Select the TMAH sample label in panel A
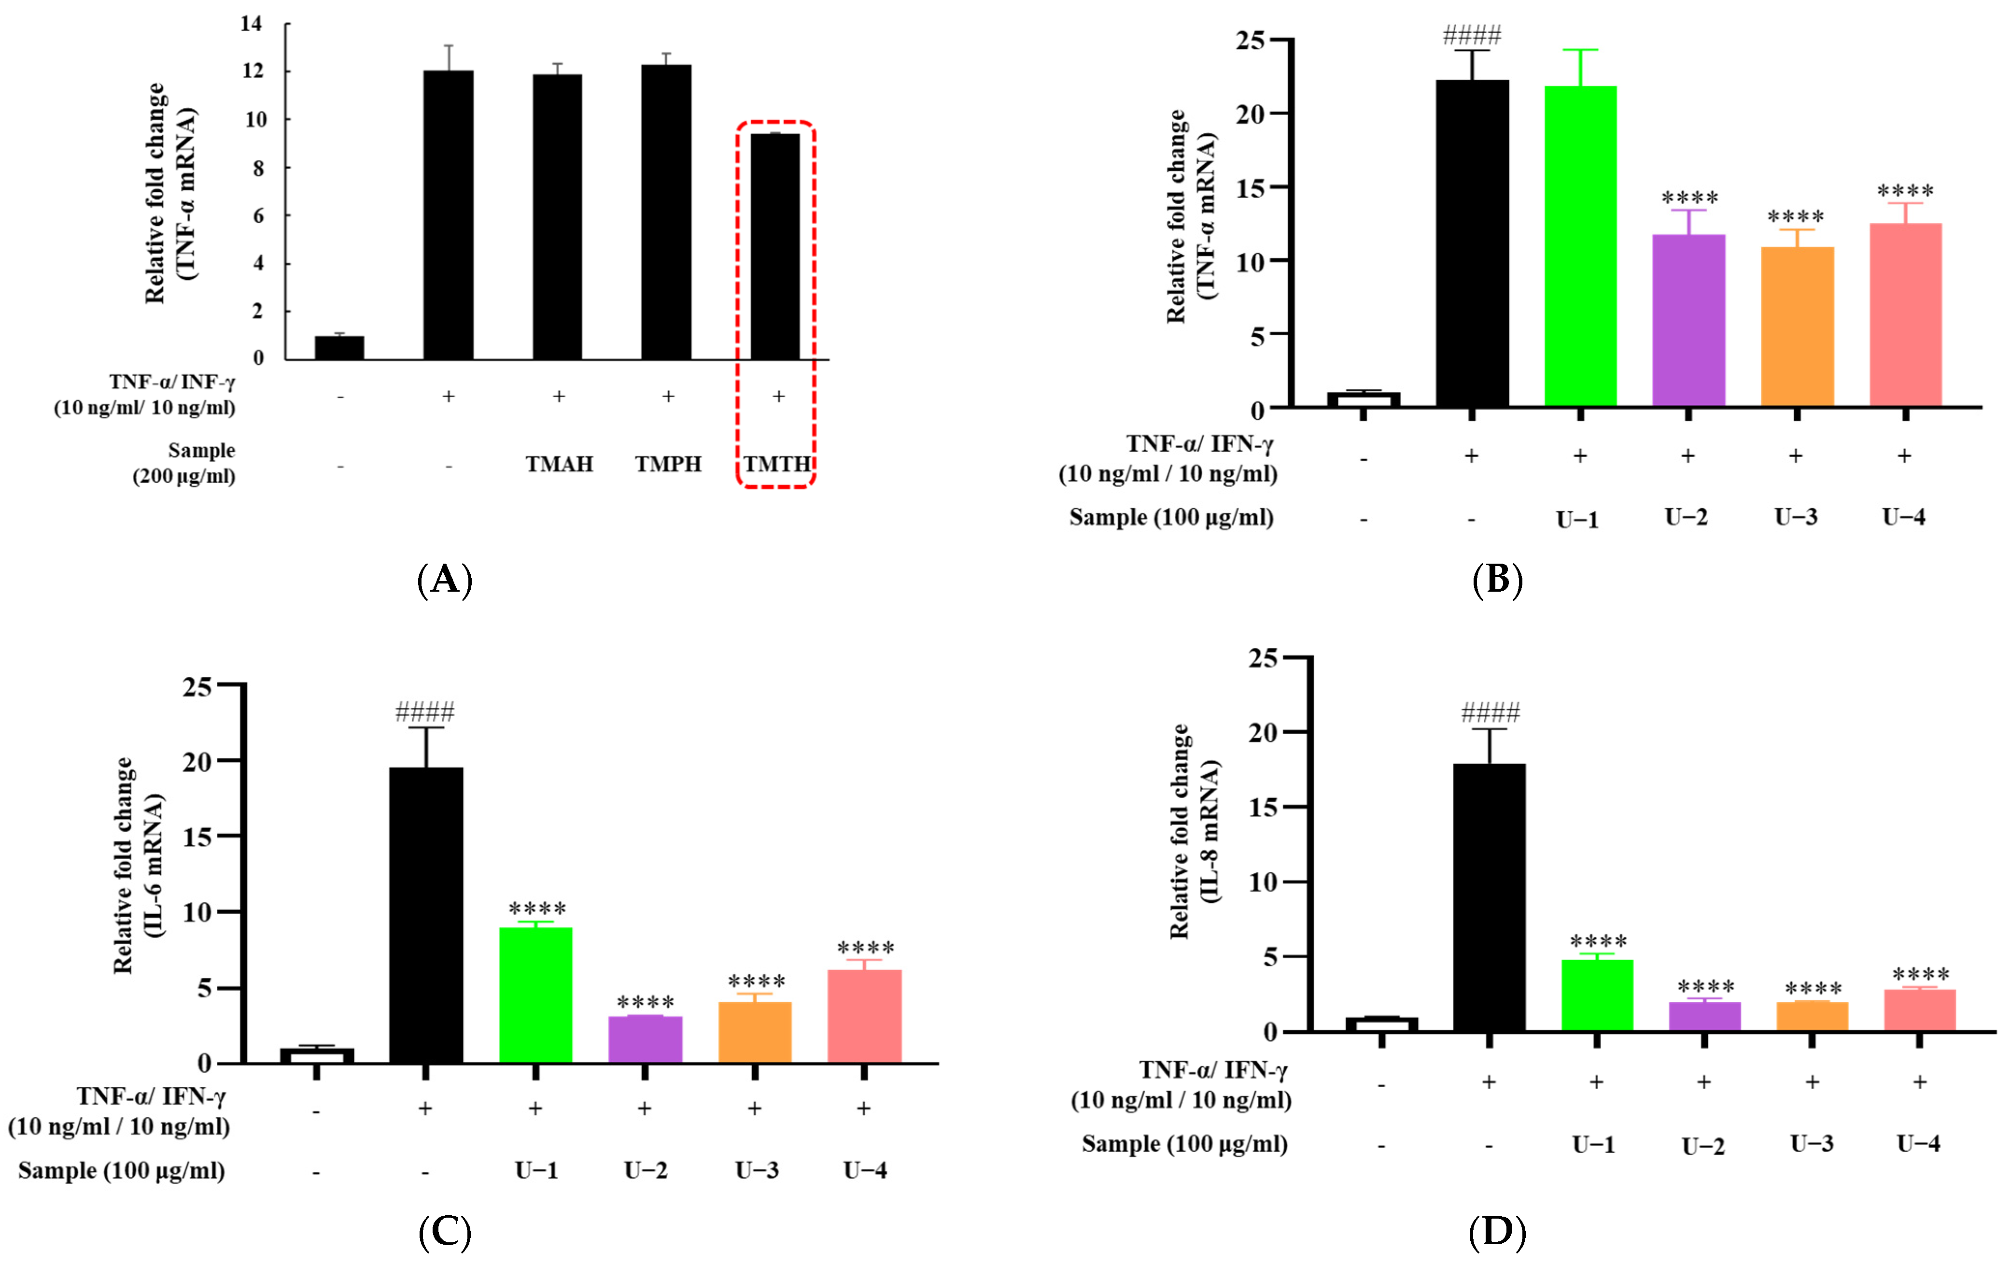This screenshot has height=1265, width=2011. [x=559, y=464]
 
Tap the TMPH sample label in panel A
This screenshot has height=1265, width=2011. [x=668, y=464]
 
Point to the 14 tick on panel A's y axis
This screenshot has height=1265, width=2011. [x=252, y=23]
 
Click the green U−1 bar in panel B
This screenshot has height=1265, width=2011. [x=1580, y=246]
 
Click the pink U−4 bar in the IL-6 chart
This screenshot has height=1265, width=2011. [x=864, y=1016]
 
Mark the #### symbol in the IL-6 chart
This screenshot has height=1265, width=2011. [x=425, y=712]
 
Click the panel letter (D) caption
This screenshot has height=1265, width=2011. [x=1497, y=1233]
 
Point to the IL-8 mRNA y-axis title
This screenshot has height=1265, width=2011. [x=1194, y=831]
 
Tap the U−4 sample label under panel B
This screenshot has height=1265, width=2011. [x=1904, y=517]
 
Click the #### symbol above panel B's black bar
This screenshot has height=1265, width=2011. [x=1472, y=35]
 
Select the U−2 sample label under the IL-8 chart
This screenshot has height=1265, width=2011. [x=1703, y=1146]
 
